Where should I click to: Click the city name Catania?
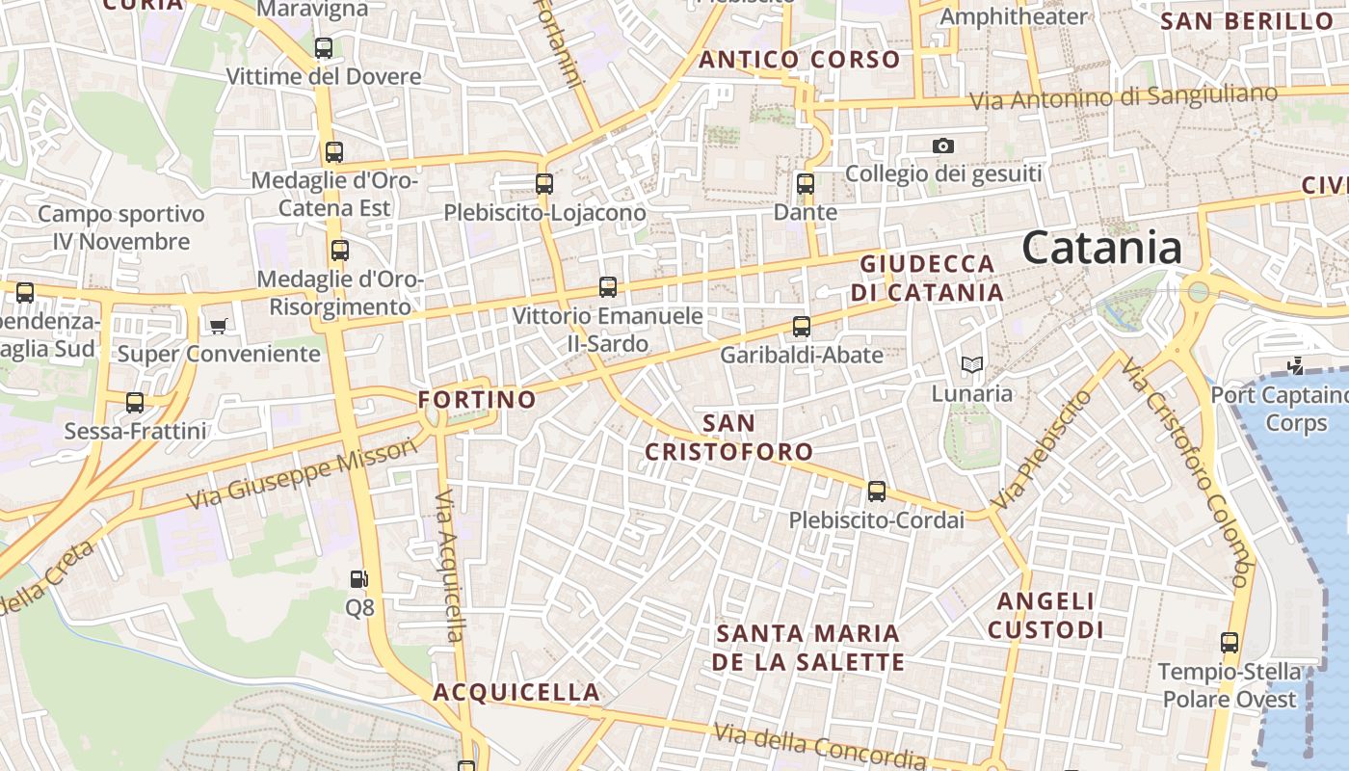tap(1101, 248)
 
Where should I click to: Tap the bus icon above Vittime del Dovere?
tap(324, 47)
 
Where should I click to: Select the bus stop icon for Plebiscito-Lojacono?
tap(544, 183)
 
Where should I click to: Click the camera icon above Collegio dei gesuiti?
tap(943, 146)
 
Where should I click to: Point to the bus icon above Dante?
tap(806, 183)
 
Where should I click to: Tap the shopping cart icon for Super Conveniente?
tap(218, 325)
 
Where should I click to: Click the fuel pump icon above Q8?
tap(358, 579)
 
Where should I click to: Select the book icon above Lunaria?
tap(972, 364)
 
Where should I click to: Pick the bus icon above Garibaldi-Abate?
tap(802, 326)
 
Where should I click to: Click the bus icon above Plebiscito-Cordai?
tap(877, 491)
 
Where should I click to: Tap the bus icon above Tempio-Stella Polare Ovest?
tap(1229, 642)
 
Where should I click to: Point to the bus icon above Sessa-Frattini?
tap(135, 402)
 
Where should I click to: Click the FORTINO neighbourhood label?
tap(477, 399)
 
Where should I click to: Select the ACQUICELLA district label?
tap(516, 692)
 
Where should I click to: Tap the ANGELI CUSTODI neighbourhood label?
tap(1045, 616)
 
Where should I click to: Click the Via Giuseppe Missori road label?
tap(304, 473)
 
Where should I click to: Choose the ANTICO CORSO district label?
tap(800, 60)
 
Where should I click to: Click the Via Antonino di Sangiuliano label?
tap(1124, 98)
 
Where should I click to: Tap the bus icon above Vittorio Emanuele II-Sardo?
tap(608, 286)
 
